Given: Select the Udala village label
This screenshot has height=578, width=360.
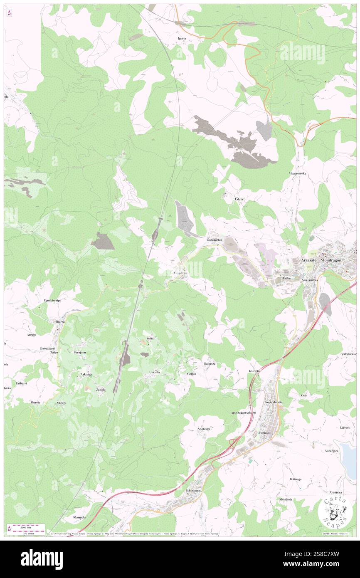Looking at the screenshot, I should click(239, 199).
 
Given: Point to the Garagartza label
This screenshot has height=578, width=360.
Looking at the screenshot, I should click(215, 240).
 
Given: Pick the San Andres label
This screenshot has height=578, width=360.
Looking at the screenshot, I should click(309, 280).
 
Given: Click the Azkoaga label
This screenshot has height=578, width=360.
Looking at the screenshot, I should click(86, 374).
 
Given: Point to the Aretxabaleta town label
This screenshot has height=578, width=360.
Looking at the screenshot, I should click(274, 402).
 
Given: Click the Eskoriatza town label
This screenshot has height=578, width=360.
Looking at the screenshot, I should click(193, 491).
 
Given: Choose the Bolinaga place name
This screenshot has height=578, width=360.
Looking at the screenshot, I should click(298, 479).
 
